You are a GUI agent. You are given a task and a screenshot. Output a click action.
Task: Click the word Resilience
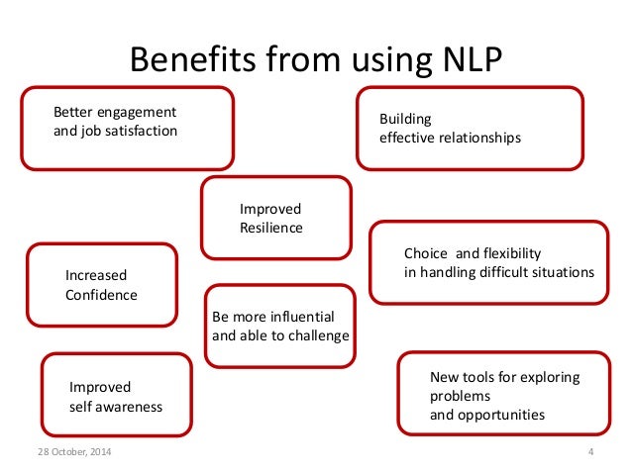tap(271, 228)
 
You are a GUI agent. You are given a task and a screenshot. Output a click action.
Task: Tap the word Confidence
tap(101, 294)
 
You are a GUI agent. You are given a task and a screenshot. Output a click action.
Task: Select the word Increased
tap(96, 275)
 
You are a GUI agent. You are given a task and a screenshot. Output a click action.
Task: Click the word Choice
tap(424, 252)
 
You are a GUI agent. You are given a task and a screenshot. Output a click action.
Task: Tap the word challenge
tap(317, 335)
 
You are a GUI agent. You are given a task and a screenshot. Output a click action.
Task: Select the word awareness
tap(130, 406)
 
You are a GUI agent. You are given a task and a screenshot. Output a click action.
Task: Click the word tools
tap(478, 377)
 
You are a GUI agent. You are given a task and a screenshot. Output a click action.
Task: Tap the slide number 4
tap(589, 453)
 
